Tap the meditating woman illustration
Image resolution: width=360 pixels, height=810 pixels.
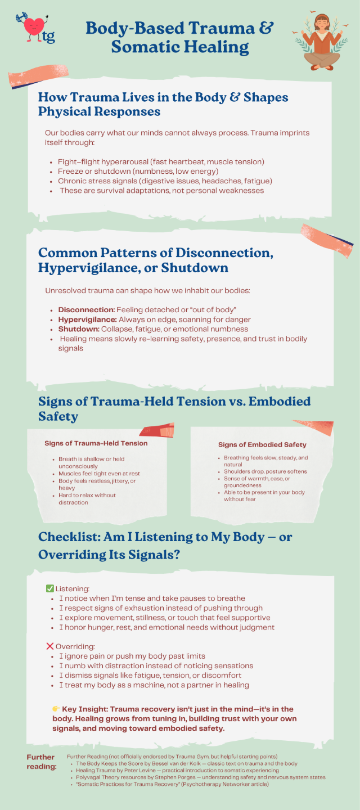320,39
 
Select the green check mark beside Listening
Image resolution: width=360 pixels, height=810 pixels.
49,588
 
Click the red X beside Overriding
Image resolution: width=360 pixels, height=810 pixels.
49,646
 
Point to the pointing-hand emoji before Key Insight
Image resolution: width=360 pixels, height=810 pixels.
56,709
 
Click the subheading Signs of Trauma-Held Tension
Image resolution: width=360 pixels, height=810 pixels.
96,443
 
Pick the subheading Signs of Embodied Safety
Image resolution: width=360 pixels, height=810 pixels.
262,445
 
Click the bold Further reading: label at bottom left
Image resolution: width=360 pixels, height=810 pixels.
42,762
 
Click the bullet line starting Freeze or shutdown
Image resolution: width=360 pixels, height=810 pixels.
138,172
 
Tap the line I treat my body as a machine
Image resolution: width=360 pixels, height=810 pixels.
154,685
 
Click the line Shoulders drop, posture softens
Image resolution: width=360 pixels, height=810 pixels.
265,471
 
